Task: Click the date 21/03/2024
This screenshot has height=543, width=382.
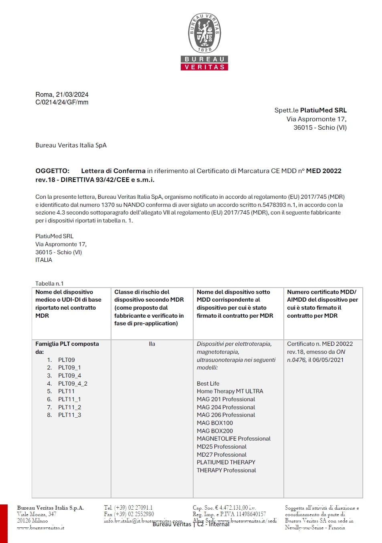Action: click(72, 94)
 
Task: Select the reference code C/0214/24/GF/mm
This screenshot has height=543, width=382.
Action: click(62, 102)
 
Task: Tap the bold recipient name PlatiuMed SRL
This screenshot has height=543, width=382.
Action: click(323, 110)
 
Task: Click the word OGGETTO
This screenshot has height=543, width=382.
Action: click(52, 171)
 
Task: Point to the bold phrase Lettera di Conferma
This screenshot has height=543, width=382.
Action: click(113, 171)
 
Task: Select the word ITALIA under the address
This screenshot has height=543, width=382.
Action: click(44, 260)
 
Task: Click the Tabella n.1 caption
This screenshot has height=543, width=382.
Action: click(49, 283)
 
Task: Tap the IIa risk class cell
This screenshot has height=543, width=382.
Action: click(152, 344)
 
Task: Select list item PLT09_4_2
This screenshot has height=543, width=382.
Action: click(73, 384)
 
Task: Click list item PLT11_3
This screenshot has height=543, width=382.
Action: click(69, 415)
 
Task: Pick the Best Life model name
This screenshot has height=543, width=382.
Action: click(208, 384)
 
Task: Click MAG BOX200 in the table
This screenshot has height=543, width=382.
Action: click(214, 431)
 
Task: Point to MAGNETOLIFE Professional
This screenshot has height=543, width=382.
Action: click(233, 439)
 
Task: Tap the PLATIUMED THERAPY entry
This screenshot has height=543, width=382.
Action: click(226, 462)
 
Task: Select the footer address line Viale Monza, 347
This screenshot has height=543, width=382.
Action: click(36, 514)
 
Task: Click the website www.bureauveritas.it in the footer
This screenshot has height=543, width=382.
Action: click(40, 527)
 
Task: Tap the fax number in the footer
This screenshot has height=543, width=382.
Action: click(134, 514)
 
